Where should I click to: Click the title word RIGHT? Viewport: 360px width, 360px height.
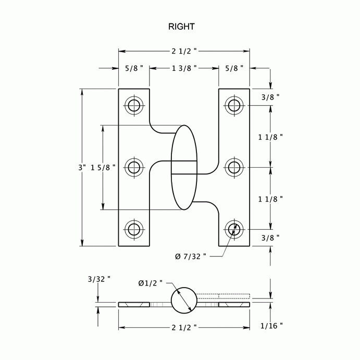pyautogui.click(x=181, y=26)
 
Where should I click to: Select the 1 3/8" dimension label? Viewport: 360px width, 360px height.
pyautogui.click(x=184, y=68)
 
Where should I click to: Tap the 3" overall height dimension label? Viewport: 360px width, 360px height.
pyautogui.click(x=81, y=168)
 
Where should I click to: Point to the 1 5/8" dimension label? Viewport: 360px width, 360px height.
pyautogui.click(x=103, y=168)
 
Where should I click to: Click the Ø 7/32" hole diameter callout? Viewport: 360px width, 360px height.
pyautogui.click(x=191, y=256)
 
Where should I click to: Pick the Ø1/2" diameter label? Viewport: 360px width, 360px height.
pyautogui.click(x=151, y=283)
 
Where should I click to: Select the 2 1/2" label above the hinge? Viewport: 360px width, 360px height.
pyautogui.click(x=184, y=51)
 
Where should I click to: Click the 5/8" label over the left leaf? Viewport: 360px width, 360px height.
pyautogui.click(x=134, y=68)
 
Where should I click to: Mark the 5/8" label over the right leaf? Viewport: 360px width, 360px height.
pyautogui.click(x=234, y=68)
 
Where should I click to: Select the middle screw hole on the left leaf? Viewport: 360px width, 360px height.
pyautogui.click(x=134, y=167)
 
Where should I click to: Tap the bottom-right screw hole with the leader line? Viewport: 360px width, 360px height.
pyautogui.click(x=234, y=228)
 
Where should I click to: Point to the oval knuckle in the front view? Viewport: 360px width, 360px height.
pyautogui.click(x=184, y=167)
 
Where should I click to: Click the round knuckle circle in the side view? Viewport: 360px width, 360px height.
pyautogui.click(x=184, y=300)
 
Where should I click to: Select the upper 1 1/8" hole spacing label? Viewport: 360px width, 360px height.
pyautogui.click(x=270, y=137)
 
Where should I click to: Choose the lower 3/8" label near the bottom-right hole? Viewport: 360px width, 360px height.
pyautogui.click(x=270, y=238)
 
